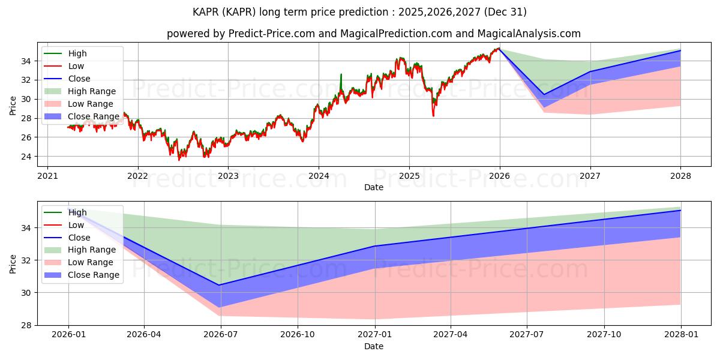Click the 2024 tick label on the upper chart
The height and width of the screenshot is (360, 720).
pos(319,176)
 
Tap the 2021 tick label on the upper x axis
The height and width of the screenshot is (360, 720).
pos(47,176)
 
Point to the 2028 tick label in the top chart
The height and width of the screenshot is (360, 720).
pos(681,176)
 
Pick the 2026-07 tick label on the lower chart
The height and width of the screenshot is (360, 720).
pos(221,335)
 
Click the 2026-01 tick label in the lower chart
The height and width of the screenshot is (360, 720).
pos(68,335)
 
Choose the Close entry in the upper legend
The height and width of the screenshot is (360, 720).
pos(79,79)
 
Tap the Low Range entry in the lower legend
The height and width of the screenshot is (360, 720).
pos(91,262)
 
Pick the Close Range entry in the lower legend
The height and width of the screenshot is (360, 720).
pos(94,275)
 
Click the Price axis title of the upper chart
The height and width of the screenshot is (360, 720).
pos(13,105)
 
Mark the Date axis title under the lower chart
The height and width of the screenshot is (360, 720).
pos(373,346)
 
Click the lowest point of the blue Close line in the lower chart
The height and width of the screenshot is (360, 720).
pos(220,285)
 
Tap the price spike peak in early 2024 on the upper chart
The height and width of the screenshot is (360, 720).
pos(341,74)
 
